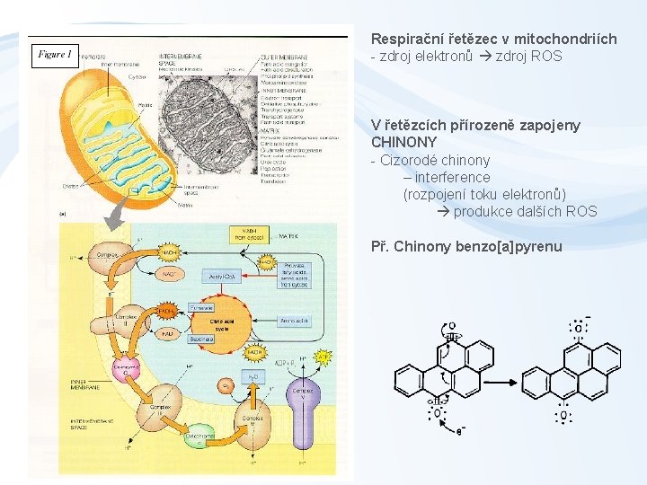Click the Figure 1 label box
click(54, 56)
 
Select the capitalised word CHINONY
click(403, 142)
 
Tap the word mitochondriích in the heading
click(572, 39)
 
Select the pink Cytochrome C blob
click(126, 369)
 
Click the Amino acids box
click(295, 321)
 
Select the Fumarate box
click(201, 307)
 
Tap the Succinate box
click(201, 339)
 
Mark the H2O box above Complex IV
click(253, 377)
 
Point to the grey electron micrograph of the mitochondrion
click(208, 117)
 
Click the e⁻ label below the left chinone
click(460, 432)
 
